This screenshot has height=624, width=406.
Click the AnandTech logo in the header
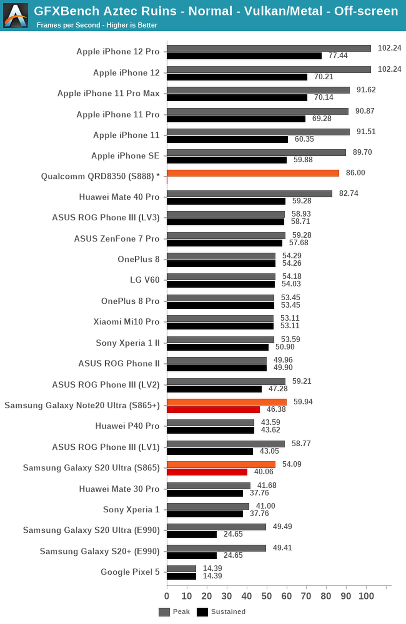click(x=16, y=15)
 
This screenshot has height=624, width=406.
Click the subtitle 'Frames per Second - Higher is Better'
click(x=97, y=25)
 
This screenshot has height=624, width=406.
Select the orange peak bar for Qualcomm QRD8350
click(x=253, y=173)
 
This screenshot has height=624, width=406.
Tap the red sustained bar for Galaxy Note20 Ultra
click(x=213, y=410)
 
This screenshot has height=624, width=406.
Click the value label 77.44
click(x=338, y=56)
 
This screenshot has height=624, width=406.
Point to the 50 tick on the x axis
click(x=266, y=596)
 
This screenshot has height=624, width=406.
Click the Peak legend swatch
click(x=164, y=612)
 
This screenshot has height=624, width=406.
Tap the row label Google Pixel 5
click(x=130, y=572)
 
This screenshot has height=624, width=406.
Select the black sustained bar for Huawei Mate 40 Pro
click(x=226, y=201)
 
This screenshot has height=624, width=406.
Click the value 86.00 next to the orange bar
click(x=355, y=173)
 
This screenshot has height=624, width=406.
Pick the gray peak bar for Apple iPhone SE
click(x=256, y=152)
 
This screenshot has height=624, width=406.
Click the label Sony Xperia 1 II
click(x=128, y=343)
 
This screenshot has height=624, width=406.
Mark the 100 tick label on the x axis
click(x=366, y=596)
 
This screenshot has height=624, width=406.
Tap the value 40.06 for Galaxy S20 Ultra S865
click(x=263, y=472)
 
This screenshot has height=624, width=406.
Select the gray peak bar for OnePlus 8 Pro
click(x=221, y=298)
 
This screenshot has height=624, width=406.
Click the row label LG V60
click(x=145, y=280)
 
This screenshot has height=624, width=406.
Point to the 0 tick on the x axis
click(x=167, y=596)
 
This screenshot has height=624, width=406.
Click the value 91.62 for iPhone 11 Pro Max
click(x=366, y=90)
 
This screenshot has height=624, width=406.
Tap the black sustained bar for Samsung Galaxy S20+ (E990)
click(x=192, y=556)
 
